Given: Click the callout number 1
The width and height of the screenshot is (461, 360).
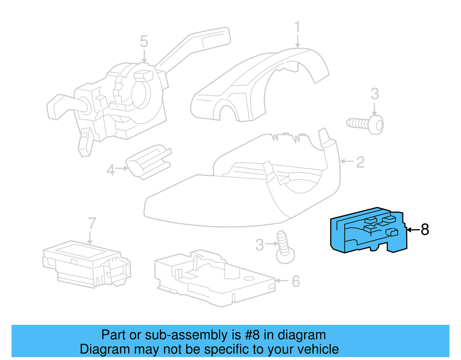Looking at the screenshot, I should [297, 27].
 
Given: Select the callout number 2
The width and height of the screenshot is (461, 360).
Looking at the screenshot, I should [360, 162].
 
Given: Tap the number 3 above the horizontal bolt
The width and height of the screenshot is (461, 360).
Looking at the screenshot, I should [375, 94].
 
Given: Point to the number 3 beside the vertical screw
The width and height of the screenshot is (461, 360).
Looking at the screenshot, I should [260, 245].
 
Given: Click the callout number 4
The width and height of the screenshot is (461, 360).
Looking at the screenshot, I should [111, 170].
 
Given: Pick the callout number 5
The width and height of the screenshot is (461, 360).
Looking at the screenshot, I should [144, 42].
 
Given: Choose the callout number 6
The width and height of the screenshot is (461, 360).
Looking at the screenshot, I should [296, 282].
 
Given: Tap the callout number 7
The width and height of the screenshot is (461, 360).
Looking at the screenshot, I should [92, 223].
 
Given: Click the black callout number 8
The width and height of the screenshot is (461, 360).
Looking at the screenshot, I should [425, 230].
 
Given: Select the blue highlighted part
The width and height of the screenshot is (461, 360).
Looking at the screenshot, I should [369, 231].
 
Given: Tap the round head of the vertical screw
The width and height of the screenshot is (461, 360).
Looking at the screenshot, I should [285, 256].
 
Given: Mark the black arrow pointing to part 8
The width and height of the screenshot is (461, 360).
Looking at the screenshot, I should [413, 230].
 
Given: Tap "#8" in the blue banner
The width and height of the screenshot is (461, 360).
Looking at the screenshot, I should [252, 335].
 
